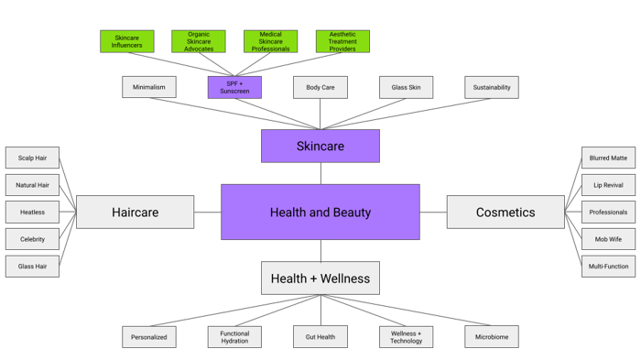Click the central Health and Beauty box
[320, 213]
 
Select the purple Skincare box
[320, 147]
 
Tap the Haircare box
[136, 213]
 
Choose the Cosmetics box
[505, 213]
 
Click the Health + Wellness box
[320, 278]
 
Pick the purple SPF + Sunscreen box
[234, 88]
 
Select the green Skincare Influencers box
[127, 41]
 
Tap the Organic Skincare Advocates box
[199, 41]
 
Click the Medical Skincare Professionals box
[270, 41]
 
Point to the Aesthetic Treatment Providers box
[342, 41]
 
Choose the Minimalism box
[149, 88]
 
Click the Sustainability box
[492, 88]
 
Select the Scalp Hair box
[32, 158]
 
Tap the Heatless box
[32, 213]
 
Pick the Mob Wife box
[609, 239]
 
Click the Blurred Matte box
[609, 158]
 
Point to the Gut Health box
[320, 337]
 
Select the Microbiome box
[492, 337]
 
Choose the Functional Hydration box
[234, 337]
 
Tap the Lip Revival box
[609, 185]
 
